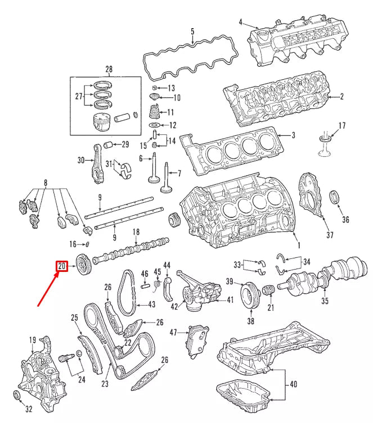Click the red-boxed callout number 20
tap(61, 266)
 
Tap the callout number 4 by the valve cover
tap(240, 22)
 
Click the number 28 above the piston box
tap(109, 69)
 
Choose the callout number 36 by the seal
tap(345, 220)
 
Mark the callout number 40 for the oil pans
tap(293, 385)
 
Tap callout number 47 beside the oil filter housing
tap(173, 333)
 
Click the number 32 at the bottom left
tap(29, 408)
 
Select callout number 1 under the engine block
tap(298, 245)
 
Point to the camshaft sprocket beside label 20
tap(83, 264)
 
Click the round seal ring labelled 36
tap(335, 198)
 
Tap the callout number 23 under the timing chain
tap(105, 385)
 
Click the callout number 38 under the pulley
tap(250, 321)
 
